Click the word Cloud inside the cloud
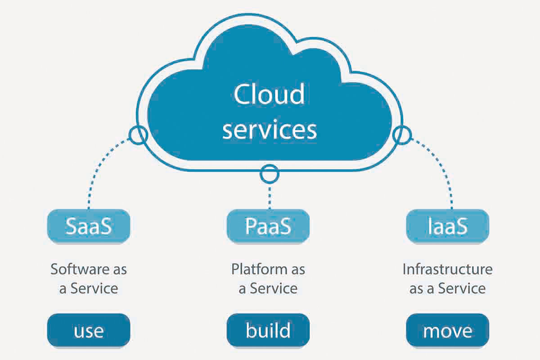(269, 94)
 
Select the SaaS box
(89, 226)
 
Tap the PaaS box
(268, 226)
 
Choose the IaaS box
(447, 226)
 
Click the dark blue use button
(89, 331)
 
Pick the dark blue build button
(268, 331)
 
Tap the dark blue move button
(447, 331)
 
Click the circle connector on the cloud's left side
(137, 134)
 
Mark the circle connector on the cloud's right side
(402, 134)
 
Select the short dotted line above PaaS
(269, 196)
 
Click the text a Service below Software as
(89, 288)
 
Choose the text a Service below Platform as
(268, 288)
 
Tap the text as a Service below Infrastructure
(447, 288)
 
